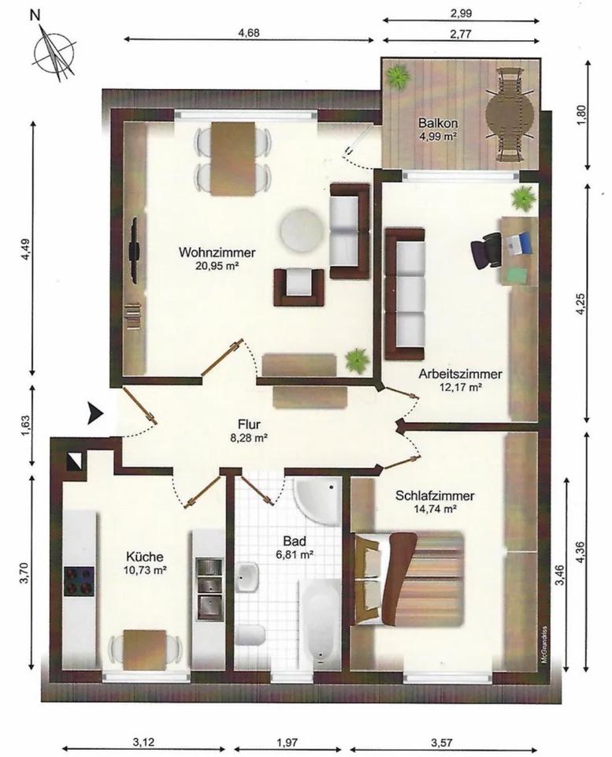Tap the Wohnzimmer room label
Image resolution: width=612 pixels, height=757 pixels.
pos(217,252)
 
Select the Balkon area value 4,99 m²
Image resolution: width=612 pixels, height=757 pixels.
pos(438,136)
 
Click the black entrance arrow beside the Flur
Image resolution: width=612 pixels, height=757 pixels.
pos(95,413)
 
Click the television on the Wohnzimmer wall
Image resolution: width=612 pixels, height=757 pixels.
pos(135,250)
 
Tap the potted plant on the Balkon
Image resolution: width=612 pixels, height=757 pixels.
pos(399,76)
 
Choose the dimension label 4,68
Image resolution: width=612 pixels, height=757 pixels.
pos(249,34)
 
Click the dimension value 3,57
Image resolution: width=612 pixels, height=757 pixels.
pos(442,741)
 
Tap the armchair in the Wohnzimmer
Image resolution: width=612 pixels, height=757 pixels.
pos(298,287)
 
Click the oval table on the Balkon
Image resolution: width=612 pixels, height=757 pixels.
pos(510,114)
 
